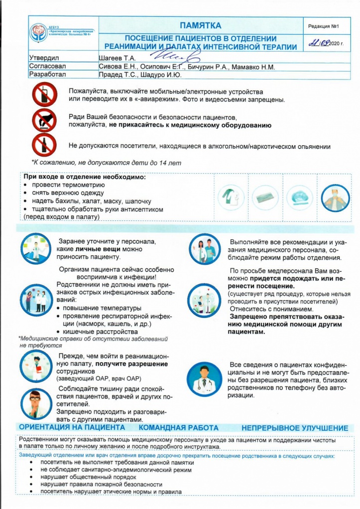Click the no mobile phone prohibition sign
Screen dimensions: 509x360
click(x=45, y=95)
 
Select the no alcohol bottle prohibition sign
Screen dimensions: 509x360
click(x=45, y=146)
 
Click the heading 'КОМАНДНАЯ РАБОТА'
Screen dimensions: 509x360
click(x=178, y=428)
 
